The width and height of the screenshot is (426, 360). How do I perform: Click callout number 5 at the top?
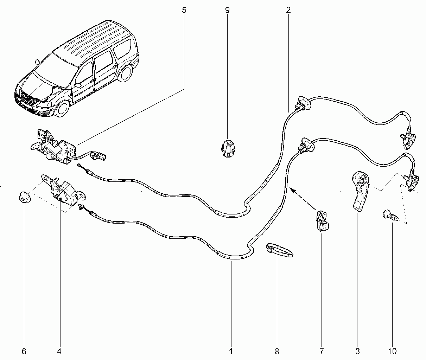(184, 10)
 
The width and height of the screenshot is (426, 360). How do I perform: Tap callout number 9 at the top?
(227, 10)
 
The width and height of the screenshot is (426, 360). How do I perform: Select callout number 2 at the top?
(288, 10)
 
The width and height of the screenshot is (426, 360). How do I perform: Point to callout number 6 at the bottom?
(24, 351)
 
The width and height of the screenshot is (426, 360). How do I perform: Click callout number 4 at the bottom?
(59, 351)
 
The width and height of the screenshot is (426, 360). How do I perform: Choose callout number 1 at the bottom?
(231, 351)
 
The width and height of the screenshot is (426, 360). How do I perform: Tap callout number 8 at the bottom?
(277, 351)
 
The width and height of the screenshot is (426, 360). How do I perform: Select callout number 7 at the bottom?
(322, 351)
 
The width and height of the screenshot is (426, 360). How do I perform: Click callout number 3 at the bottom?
(357, 351)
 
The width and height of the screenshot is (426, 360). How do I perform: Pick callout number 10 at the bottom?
(392, 351)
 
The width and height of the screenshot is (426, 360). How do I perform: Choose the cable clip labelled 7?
(322, 221)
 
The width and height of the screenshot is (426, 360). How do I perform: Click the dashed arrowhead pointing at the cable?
(292, 189)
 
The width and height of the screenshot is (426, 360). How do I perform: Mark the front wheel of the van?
(63, 109)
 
